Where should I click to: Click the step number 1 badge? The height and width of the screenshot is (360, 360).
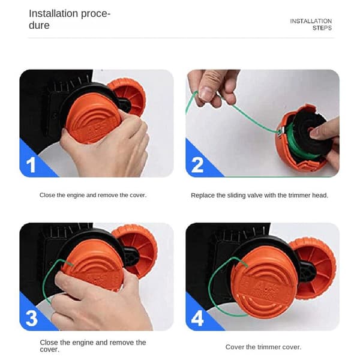coord(31,164)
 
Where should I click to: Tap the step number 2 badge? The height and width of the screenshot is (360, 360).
coord(197,164)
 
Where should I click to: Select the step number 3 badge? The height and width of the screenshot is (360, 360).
coord(32,318)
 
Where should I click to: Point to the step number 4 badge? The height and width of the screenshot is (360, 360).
coord(197,318)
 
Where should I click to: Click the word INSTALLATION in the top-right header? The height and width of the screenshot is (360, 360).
coord(311,21)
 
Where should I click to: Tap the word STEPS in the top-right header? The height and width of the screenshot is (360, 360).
coord(322,28)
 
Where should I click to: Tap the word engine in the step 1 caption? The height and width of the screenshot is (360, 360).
coord(76,196)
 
